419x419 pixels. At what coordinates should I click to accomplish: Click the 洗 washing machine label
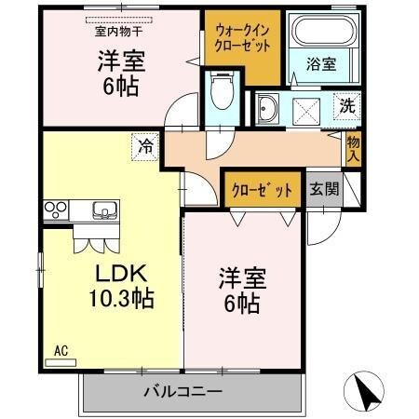click(x=346, y=105)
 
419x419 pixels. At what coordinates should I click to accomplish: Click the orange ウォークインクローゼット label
click(x=241, y=38)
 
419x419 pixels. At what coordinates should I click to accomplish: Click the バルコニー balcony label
click(x=182, y=391)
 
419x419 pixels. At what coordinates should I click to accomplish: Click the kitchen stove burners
click(x=54, y=209)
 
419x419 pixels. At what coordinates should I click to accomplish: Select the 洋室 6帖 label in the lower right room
click(x=240, y=290)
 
